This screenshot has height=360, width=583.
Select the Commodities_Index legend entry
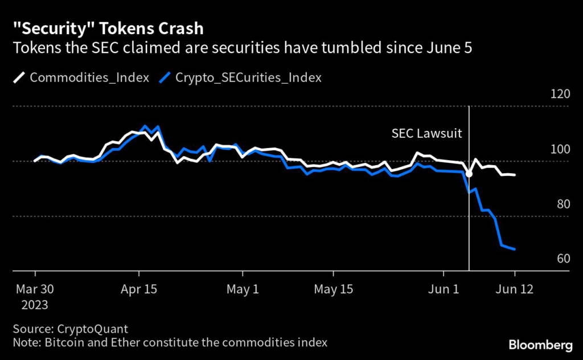coord(82,77)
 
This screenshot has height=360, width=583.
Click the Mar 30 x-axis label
coord(35,289)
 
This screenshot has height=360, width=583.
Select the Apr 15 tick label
coord(139,289)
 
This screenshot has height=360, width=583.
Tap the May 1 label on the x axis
coord(243,289)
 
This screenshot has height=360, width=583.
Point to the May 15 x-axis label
coord(334,289)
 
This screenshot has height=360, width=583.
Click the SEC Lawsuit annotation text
coord(427,133)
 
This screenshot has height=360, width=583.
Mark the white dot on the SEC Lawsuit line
coord(469,174)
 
